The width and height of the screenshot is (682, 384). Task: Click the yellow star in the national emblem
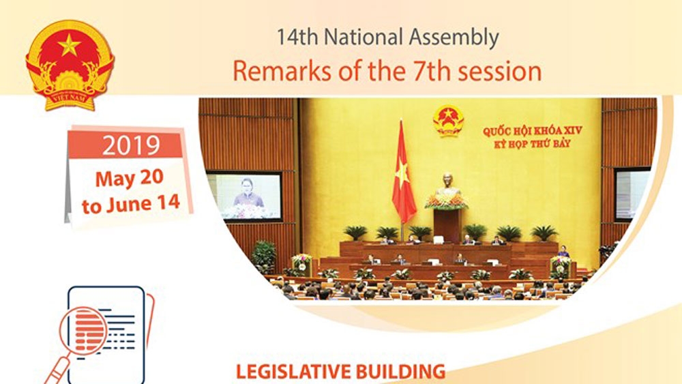click(x=70, y=44)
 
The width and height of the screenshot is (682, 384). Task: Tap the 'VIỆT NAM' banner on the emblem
click(x=70, y=98)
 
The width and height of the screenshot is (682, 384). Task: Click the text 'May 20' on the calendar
click(x=130, y=178)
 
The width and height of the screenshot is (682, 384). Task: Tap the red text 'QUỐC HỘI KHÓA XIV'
click(x=533, y=131)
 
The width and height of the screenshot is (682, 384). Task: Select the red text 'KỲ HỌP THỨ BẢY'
click(x=533, y=143)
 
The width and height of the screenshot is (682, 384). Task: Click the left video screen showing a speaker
click(x=245, y=196)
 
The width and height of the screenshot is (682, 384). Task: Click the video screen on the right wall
click(x=632, y=194)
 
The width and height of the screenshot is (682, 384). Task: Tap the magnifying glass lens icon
click(x=83, y=331)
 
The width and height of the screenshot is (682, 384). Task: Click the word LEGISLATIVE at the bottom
click(x=293, y=372)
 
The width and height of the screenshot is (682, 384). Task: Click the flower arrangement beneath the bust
click(x=447, y=201)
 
